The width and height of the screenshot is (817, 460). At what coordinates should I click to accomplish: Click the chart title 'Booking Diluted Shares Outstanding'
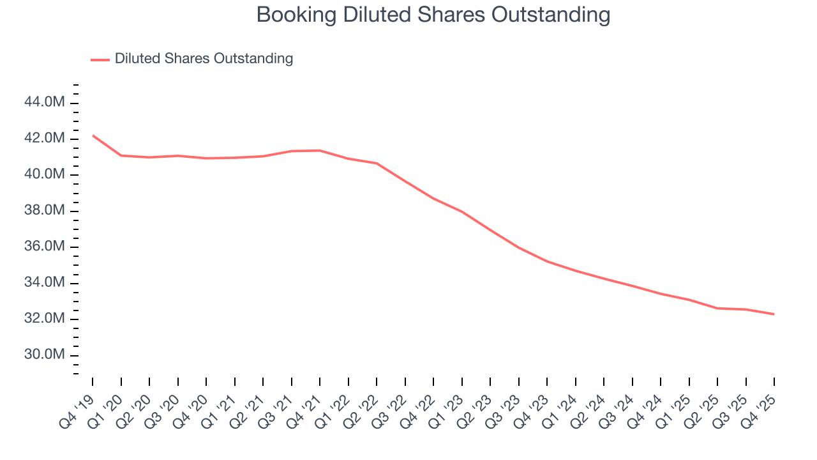433,15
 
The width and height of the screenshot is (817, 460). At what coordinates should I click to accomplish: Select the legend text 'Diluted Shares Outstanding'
204,59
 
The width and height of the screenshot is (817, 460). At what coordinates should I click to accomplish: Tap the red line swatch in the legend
100,59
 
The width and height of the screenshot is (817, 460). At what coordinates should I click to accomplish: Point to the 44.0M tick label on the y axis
44,102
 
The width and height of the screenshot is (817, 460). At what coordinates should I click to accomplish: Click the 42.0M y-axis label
44,139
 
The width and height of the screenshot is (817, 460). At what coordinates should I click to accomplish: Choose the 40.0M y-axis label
44,174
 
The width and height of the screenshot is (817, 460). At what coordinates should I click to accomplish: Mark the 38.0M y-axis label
44,211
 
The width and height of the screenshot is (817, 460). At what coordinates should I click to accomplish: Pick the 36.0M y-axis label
44,247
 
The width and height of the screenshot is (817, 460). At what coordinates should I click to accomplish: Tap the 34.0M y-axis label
44,282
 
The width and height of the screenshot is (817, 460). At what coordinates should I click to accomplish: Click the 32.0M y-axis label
44,319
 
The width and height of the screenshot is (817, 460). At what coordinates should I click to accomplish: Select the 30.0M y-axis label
44,355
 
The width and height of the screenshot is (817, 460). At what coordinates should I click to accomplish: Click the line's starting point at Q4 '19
93,135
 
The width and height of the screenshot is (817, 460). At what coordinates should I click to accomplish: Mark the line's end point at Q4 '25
774,314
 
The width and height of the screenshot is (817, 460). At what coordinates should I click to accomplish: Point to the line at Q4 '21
320,150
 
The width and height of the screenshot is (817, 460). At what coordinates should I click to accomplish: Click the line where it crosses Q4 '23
547,261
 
